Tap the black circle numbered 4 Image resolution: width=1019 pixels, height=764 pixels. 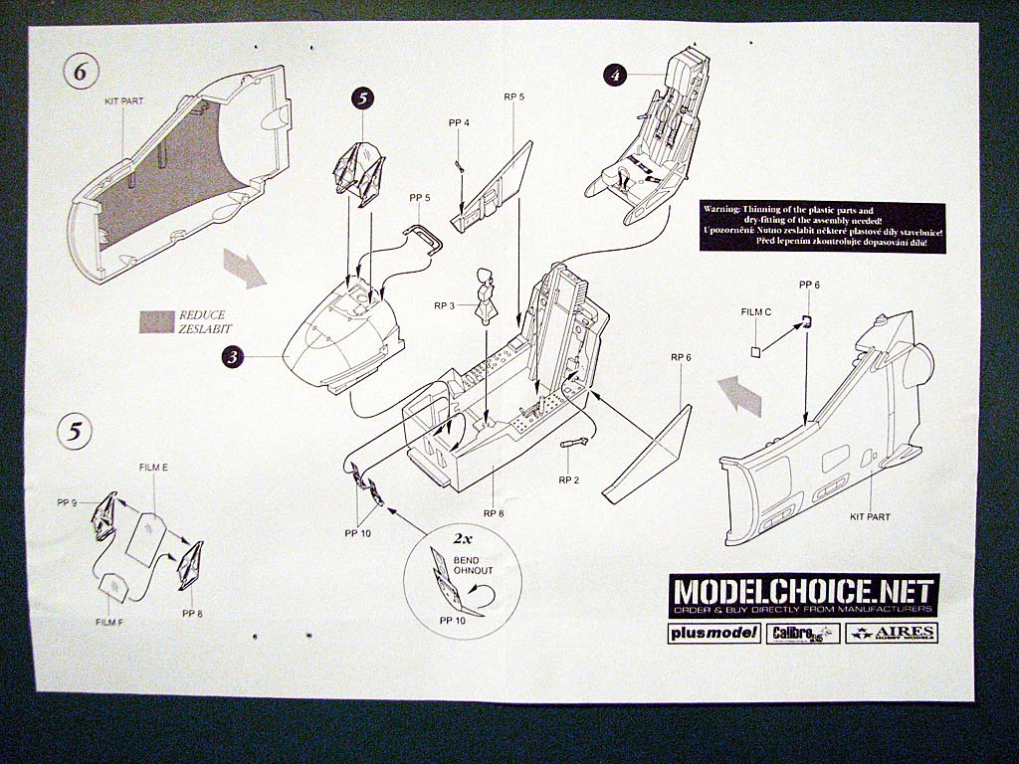click(617, 75)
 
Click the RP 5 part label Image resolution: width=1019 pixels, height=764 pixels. click(513, 96)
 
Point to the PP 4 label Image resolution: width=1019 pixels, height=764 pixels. click(459, 122)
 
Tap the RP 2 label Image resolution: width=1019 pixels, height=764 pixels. click(568, 479)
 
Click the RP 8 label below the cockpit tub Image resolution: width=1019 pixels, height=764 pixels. click(495, 513)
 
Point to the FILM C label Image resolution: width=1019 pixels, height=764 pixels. click(756, 311)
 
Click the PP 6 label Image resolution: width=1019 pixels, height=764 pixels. click(809, 285)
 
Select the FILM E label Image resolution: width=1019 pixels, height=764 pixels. click(152, 467)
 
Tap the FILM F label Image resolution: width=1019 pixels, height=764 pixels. click(110, 621)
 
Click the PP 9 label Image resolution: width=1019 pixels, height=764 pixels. click(67, 503)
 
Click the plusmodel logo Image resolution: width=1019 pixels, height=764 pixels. click(713, 634)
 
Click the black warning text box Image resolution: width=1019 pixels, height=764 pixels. click(821, 227)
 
